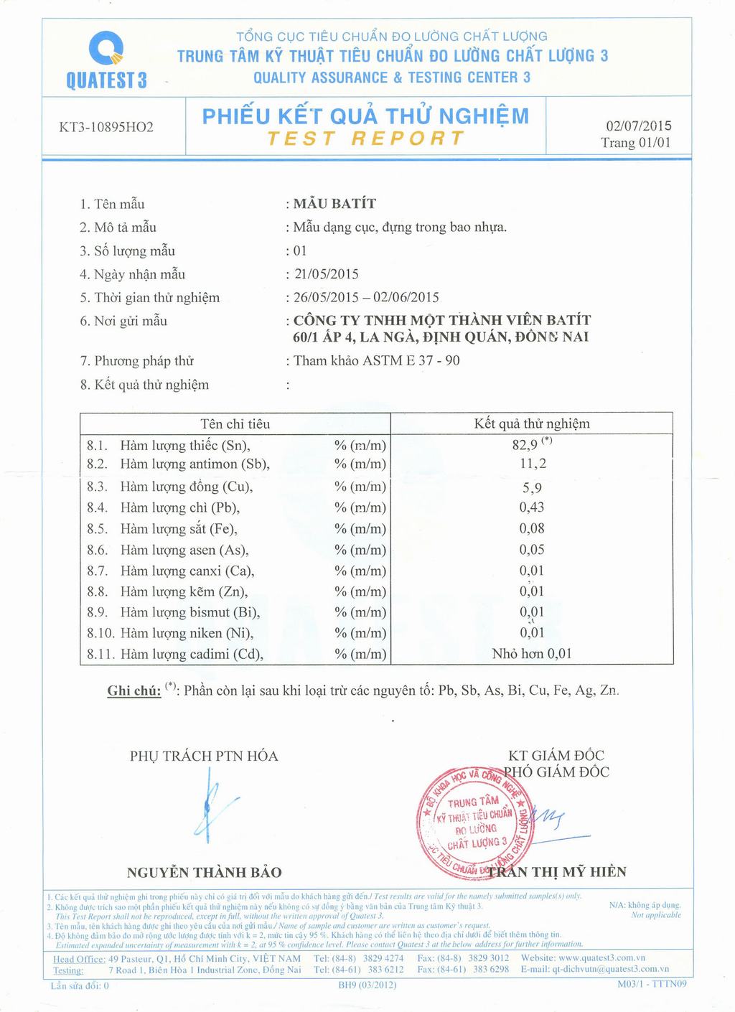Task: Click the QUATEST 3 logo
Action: point(106,62)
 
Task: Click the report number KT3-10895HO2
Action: point(106,128)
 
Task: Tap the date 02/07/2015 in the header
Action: point(639,126)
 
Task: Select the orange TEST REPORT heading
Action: point(365,139)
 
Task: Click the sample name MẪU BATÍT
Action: point(334,204)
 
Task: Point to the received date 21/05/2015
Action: point(327,274)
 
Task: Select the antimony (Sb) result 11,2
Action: point(533,464)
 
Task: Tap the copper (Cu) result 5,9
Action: point(532,487)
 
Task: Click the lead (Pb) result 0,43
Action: point(532,507)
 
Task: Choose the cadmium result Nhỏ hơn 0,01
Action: point(532,654)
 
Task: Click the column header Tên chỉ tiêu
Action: point(235,423)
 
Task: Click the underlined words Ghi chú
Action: point(134,690)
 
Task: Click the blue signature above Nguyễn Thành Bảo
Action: point(212,804)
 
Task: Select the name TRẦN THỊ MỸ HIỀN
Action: point(558,872)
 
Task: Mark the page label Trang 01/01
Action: point(636,142)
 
